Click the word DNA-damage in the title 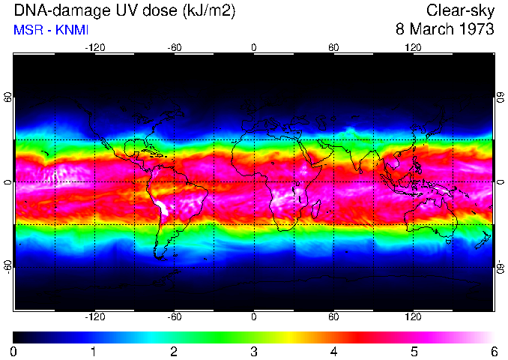click(x=52, y=11)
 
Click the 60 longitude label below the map click(x=333, y=316)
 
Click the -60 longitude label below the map click(x=175, y=316)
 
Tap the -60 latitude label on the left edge click(x=7, y=267)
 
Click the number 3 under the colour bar click(x=253, y=351)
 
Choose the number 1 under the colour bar click(x=93, y=351)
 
